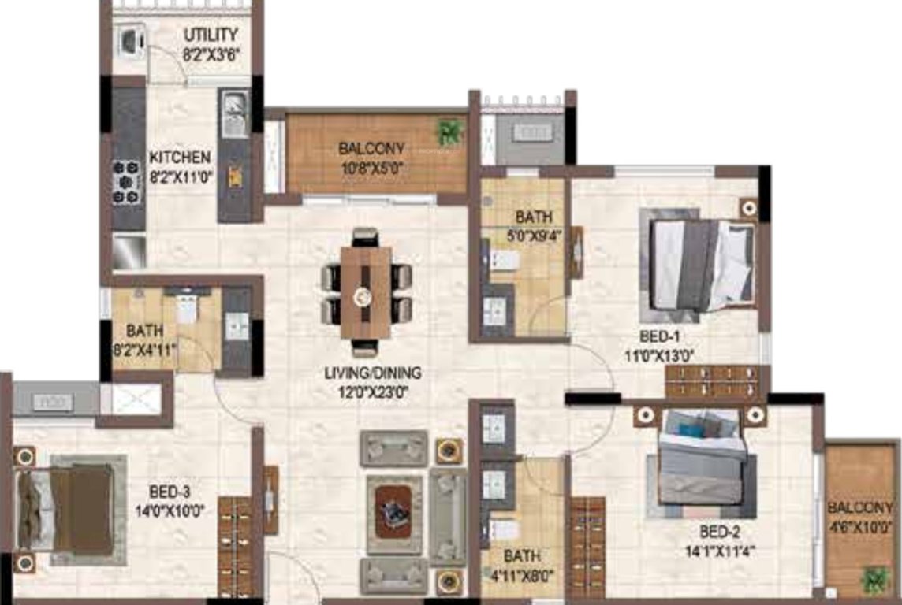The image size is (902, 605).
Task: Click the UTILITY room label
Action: (211, 35)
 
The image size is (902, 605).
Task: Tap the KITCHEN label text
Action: (181, 158)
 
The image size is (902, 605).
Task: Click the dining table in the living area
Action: (366, 292)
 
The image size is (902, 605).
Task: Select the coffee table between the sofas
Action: (393, 510)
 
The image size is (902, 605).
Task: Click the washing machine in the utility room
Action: (130, 39)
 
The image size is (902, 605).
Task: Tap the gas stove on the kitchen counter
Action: (126, 182)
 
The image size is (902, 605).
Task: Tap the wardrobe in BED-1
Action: (713, 381)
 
